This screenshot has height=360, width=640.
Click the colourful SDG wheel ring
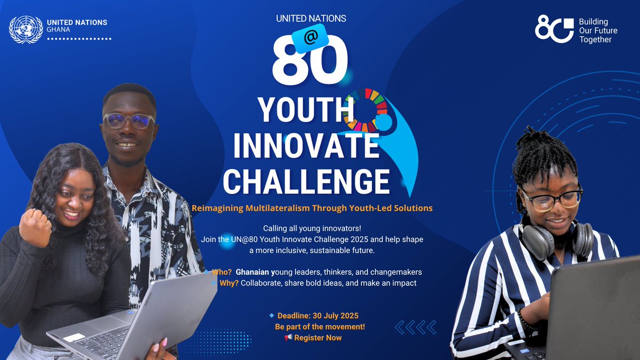pyautogui.click(x=366, y=110)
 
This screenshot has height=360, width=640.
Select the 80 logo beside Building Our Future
pyautogui.click(x=554, y=29)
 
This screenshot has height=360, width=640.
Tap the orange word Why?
pyautogui.click(x=229, y=283)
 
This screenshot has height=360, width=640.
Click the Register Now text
pyautogui.click(x=318, y=338)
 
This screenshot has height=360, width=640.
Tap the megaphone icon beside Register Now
pyautogui.click(x=289, y=338)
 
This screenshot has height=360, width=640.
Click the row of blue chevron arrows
pyautogui.click(x=415, y=327)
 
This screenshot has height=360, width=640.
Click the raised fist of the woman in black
pyautogui.click(x=35, y=227)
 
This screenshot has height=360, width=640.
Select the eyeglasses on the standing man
pyautogui.click(x=129, y=120)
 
